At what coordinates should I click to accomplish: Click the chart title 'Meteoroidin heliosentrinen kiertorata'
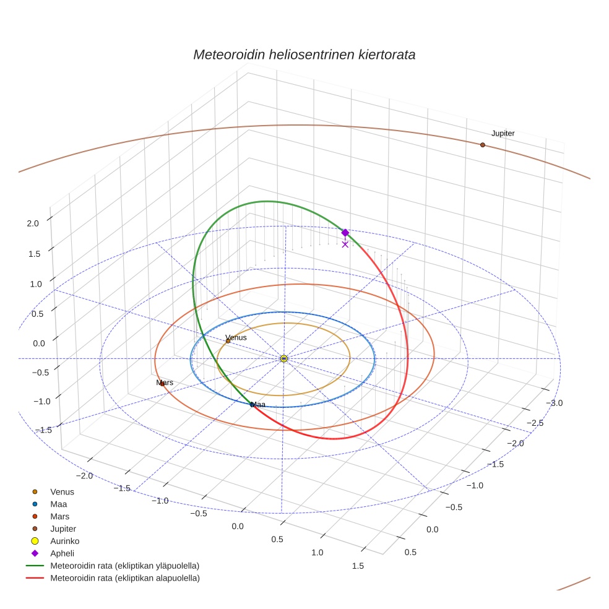pos(304,54)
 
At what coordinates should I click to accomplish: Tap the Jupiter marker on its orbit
pos(483,145)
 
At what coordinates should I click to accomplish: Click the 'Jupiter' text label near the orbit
pos(503,134)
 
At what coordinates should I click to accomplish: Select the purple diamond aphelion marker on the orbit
pos(345,233)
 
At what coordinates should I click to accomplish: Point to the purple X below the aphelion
pos(345,244)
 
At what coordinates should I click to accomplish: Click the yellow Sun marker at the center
pos(283,358)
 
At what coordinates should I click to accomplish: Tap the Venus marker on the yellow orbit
pos(228,341)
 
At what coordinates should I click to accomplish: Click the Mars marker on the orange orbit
pos(162,384)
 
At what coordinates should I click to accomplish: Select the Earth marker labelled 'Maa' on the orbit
pos(253,405)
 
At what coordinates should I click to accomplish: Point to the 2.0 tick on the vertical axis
pos(33,223)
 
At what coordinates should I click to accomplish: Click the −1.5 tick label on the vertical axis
pos(30,430)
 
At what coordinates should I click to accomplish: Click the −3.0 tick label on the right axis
pos(553,404)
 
